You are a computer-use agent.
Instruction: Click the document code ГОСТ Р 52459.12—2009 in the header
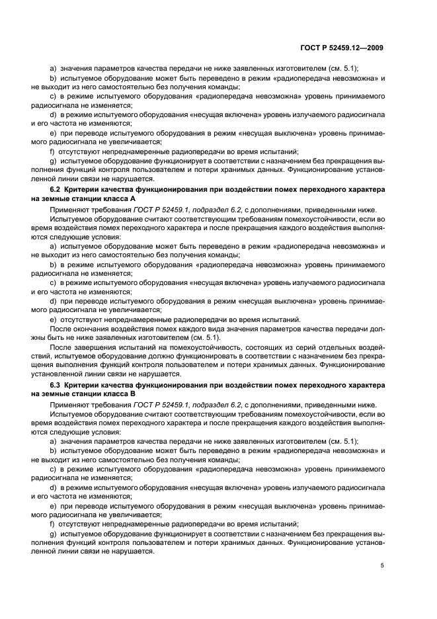tap(343, 48)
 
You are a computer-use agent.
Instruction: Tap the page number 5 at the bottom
tap(382, 565)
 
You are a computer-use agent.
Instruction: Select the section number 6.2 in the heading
tap(57, 190)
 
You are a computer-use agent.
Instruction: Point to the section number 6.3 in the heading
tap(57, 384)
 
